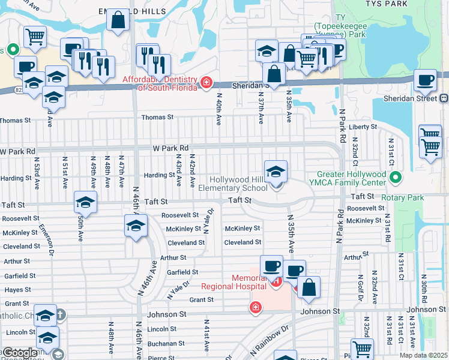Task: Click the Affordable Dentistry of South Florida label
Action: pos(160,83)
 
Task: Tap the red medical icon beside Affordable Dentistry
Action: pos(206,82)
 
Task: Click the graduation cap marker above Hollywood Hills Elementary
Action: pos(276,172)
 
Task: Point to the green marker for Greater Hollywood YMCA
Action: pos(395,178)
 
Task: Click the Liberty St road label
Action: pos(363,127)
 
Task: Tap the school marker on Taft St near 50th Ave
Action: pos(86,203)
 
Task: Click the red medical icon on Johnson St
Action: pos(256,308)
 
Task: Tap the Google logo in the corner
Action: pos(19,353)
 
